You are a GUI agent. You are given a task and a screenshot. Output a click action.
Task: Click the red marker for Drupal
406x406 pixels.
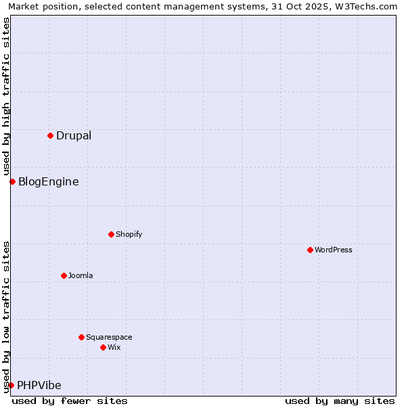click(50, 135)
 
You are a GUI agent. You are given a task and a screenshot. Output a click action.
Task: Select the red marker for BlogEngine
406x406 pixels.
click(12, 181)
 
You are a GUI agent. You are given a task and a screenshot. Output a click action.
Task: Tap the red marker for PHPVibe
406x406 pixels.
click(11, 385)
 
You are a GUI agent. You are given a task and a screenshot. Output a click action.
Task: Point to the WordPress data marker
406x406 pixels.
click(310, 250)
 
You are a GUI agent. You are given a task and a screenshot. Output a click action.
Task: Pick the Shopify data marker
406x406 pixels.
click(111, 234)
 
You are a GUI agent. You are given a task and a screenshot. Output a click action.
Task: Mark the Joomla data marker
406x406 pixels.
click(64, 275)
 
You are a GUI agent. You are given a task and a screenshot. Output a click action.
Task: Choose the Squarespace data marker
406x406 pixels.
click(81, 337)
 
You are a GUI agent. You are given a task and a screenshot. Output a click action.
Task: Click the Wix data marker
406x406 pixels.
click(103, 347)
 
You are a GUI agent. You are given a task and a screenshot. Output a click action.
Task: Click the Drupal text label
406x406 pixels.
click(74, 135)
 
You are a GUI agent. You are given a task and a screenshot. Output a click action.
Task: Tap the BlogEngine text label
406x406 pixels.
click(48, 181)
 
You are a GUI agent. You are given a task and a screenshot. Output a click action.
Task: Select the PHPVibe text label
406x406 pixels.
click(39, 385)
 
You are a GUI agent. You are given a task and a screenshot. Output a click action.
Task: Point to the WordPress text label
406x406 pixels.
click(334, 250)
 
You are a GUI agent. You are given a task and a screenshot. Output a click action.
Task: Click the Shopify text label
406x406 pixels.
click(129, 234)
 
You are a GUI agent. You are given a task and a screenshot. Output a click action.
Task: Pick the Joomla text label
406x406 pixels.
click(81, 275)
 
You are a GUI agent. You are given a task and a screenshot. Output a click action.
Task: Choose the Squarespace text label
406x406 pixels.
click(109, 337)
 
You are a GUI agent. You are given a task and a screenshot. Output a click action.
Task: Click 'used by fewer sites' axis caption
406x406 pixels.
click(70, 401)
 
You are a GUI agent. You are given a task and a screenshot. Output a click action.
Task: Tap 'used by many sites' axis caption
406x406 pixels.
click(340, 401)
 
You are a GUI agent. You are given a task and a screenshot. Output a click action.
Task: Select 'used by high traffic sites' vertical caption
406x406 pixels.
click(6, 95)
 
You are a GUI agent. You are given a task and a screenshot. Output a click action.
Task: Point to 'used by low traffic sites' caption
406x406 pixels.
click(6, 315)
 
